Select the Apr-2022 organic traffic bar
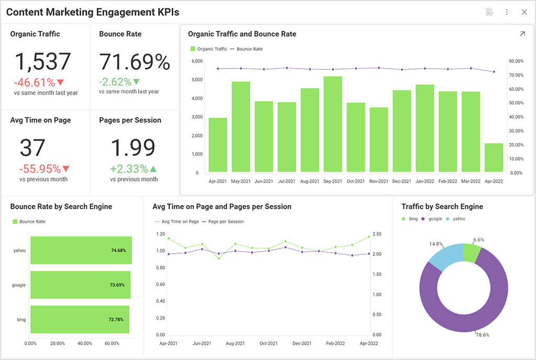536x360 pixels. pos(494,157)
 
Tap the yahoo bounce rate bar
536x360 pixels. pos(81,250)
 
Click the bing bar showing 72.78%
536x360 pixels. pos(80,319)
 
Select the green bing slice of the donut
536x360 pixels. pos(472,253)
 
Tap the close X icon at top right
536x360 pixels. pos(524,12)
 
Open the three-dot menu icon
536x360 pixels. pos(507,12)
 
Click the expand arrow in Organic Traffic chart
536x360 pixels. pos(522,34)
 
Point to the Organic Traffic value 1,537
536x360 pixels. pos(42,62)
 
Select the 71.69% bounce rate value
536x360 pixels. pos(135,62)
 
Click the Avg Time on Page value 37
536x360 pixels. pos(32,148)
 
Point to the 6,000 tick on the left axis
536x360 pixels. pos(197,61)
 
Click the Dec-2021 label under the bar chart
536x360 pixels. pos(401,181)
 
